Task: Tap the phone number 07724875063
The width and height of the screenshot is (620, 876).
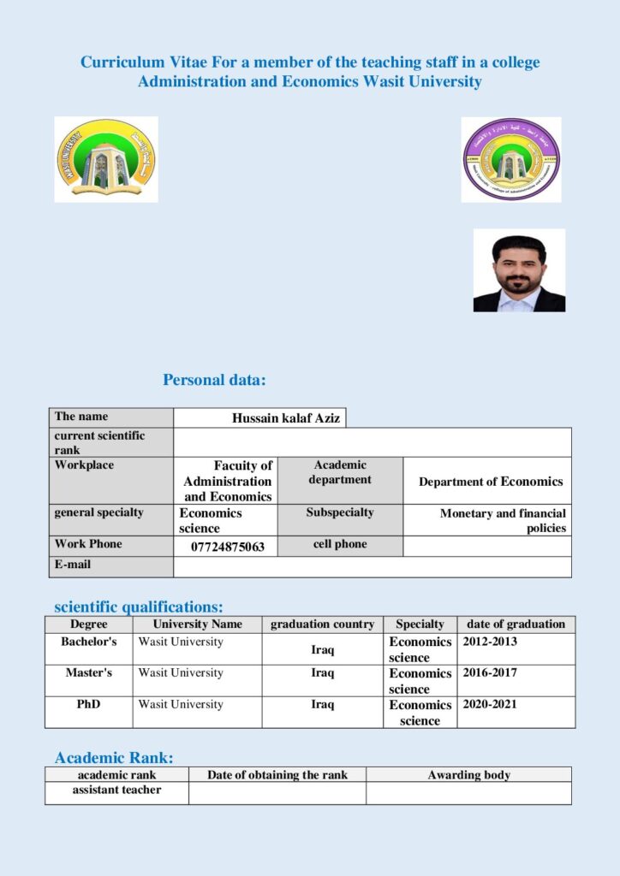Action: click(228, 547)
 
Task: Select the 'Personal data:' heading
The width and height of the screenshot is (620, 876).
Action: click(215, 379)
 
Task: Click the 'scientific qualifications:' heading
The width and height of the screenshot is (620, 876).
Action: click(139, 607)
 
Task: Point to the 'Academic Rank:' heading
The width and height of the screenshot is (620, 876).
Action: click(114, 757)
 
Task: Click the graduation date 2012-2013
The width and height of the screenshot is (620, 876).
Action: click(490, 642)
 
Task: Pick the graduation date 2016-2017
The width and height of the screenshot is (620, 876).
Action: click(490, 673)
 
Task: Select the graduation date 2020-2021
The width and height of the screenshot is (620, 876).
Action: click(490, 705)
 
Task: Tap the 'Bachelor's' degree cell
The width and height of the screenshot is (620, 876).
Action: click(89, 642)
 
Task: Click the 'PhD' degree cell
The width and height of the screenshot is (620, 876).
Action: click(89, 705)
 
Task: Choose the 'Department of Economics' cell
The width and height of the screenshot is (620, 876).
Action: click(491, 482)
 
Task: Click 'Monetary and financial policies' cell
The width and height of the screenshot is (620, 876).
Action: click(503, 521)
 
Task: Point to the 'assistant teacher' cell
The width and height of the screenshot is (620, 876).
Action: click(116, 790)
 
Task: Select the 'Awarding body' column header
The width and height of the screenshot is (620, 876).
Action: click(468, 775)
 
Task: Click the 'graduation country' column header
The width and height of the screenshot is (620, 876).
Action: click(322, 624)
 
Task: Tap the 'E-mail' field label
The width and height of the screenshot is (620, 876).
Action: click(73, 565)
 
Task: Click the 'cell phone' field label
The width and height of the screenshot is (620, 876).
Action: click(340, 544)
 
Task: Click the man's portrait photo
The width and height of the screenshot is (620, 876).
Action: click(519, 270)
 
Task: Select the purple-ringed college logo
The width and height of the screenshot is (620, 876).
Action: click(511, 160)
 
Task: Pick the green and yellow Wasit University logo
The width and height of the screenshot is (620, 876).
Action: click(106, 160)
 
